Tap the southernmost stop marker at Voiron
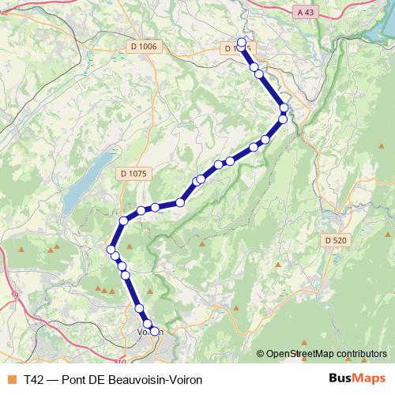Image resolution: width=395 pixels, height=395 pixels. coord(155,332)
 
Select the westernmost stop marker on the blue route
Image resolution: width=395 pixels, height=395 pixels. coord(111,250)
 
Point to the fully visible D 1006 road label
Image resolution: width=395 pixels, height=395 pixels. coord(143,47)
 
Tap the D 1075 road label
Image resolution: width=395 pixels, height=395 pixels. coord(135,173)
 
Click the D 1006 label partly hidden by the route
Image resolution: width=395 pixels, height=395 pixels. coord(236,48)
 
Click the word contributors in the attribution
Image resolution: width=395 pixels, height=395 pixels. coord(361,353)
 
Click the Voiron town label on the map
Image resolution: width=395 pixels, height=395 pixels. coord(150,332)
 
